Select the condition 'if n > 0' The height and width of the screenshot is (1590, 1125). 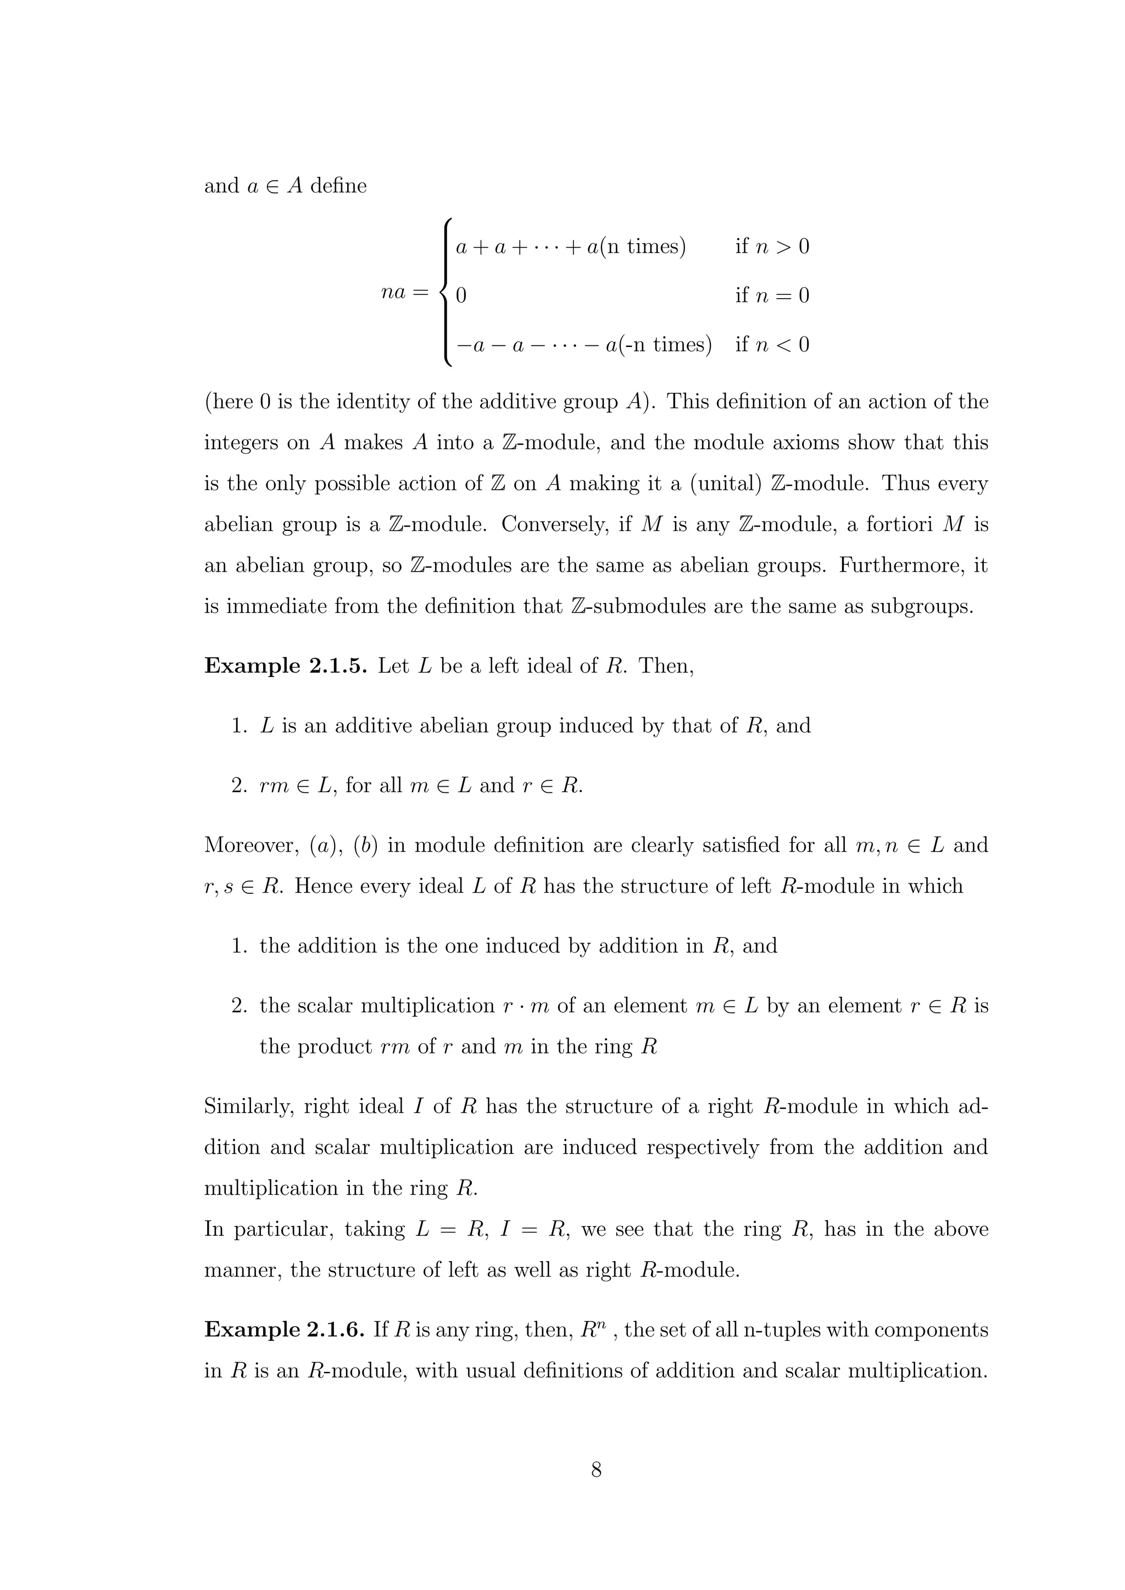pyautogui.click(x=772, y=247)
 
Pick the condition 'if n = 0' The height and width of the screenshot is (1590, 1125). pyautogui.click(x=772, y=296)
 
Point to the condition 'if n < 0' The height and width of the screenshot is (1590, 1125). pyautogui.click(x=772, y=344)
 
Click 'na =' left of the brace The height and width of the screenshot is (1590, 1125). pyautogui.click(x=405, y=292)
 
